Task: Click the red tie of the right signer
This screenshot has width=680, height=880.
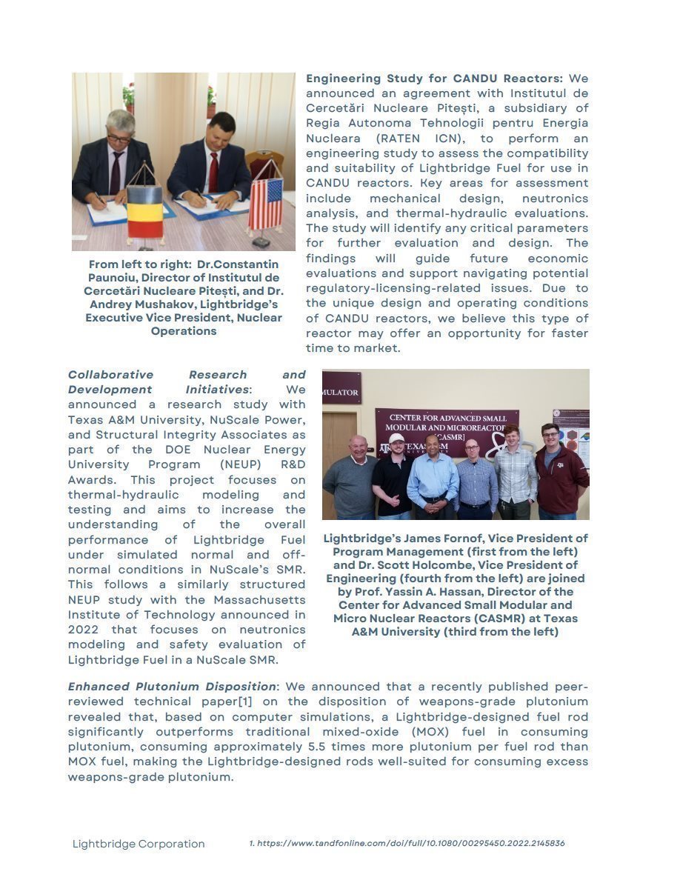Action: pos(213,171)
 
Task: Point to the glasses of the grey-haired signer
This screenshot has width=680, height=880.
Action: pos(119,138)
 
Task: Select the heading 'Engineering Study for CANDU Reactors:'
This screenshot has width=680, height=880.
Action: pos(434,79)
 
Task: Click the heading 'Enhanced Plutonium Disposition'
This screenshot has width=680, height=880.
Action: pos(171,687)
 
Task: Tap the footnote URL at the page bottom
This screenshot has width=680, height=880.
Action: pos(407,843)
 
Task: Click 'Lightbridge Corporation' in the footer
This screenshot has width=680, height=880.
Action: pos(139,844)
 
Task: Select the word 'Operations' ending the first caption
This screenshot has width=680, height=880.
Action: pos(184,331)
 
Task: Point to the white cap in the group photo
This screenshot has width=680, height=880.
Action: pos(396,439)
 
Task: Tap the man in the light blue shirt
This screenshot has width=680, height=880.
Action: pos(433,478)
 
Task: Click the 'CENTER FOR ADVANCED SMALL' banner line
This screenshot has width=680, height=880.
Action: pos(447,419)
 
